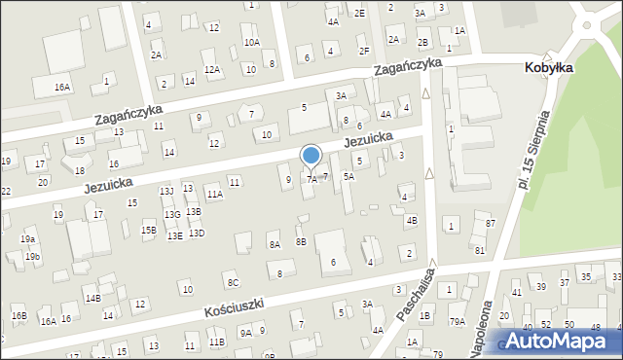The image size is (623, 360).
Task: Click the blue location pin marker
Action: (311, 157)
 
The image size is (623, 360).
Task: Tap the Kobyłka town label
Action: (548, 67)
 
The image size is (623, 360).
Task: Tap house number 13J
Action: (166, 191)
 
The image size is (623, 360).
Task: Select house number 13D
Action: (197, 234)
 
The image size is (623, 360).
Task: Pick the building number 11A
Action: (214, 195)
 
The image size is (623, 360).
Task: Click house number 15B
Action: (148, 231)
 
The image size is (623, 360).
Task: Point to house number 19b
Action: (33, 256)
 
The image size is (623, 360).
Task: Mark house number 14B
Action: (92, 298)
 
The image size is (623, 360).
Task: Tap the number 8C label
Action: (233, 282)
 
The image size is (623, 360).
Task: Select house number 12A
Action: (211, 69)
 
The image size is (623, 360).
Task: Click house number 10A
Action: (251, 43)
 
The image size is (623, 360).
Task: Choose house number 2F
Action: (364, 51)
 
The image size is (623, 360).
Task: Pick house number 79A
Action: (457, 321)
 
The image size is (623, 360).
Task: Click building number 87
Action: (491, 224)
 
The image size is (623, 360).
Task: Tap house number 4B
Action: (412, 221)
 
